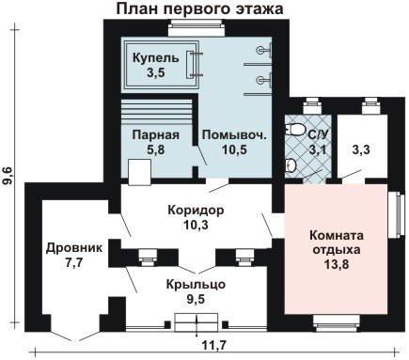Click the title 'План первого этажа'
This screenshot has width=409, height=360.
[x=199, y=8]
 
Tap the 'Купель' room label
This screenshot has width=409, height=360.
[x=156, y=58]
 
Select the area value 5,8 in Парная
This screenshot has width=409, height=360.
[x=156, y=149]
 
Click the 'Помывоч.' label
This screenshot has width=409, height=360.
[x=234, y=135]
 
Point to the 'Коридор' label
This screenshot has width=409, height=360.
[x=196, y=210]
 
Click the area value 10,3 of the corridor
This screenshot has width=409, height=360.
[x=197, y=225]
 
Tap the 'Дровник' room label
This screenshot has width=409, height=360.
[x=74, y=248]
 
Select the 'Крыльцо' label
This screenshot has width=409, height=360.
[x=196, y=285]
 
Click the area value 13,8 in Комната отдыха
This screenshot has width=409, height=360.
[x=337, y=265]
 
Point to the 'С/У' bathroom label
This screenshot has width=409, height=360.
[x=318, y=135]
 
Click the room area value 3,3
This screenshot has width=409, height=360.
[x=361, y=149]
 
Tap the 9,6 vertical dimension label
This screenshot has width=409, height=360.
[x=8, y=176]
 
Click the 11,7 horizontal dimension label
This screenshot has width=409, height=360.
[x=213, y=346]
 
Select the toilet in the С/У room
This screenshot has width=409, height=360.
[x=295, y=130]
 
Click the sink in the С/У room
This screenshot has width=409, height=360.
[x=291, y=164]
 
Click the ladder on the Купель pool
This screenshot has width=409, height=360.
[x=195, y=64]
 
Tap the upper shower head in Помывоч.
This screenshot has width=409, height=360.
[x=264, y=50]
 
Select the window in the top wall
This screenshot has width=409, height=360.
[x=197, y=28]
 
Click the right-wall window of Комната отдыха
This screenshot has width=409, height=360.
[x=395, y=214]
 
